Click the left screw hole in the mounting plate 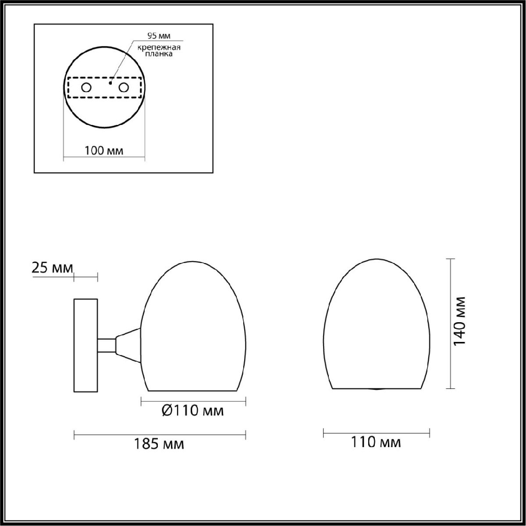point(86,88)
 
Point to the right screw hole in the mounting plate point(124,88)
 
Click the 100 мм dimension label point(103,151)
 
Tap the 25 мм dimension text point(52,268)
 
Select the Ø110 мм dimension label point(192,411)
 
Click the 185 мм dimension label point(158,444)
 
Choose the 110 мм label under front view point(376,442)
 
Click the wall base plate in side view point(85,346)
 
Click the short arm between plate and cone point(106,345)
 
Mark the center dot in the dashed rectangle point(111,82)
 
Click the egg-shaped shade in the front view point(376,329)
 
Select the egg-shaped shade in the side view point(193,329)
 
